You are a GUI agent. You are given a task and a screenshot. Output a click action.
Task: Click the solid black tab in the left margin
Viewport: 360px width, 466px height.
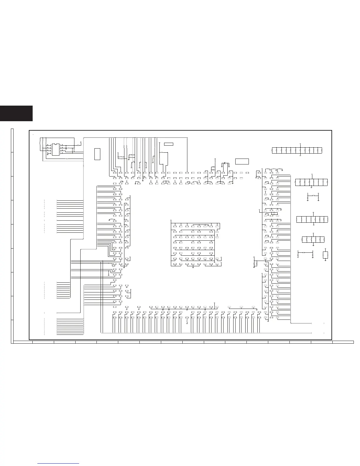coord(16,114)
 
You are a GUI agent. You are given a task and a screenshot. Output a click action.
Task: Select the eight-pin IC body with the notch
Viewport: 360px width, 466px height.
coord(56,149)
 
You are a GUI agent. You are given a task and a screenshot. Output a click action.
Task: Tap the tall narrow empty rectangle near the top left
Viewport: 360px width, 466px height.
coord(97,154)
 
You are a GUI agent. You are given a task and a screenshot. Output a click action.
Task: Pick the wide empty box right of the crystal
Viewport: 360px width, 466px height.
coord(242,161)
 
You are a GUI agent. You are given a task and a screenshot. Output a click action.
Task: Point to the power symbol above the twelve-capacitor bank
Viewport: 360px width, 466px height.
coord(300,144)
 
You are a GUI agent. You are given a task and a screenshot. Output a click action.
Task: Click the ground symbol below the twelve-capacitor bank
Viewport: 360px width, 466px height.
coord(300,155)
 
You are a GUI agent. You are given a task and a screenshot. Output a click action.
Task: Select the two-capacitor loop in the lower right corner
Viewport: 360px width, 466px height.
coord(325,255)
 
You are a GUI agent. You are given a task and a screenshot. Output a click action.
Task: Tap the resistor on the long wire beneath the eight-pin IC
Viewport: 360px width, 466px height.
coord(67,159)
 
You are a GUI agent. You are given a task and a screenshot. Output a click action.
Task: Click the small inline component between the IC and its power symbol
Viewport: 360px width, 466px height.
coord(78,145)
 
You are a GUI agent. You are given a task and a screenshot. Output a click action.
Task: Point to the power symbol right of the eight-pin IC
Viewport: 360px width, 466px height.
coord(81,142)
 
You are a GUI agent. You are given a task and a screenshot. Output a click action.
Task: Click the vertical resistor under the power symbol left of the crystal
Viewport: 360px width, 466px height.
coord(215,162)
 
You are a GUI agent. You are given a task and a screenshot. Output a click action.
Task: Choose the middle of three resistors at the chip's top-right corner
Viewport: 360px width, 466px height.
coord(274,169)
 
